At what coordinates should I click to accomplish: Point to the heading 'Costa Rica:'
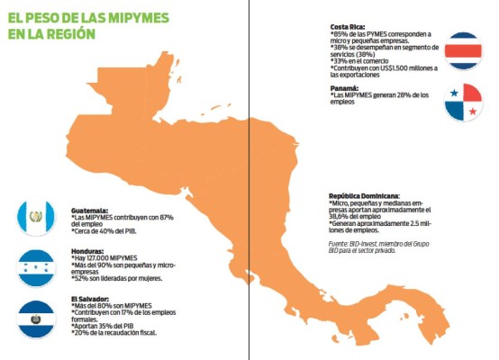[349, 27]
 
